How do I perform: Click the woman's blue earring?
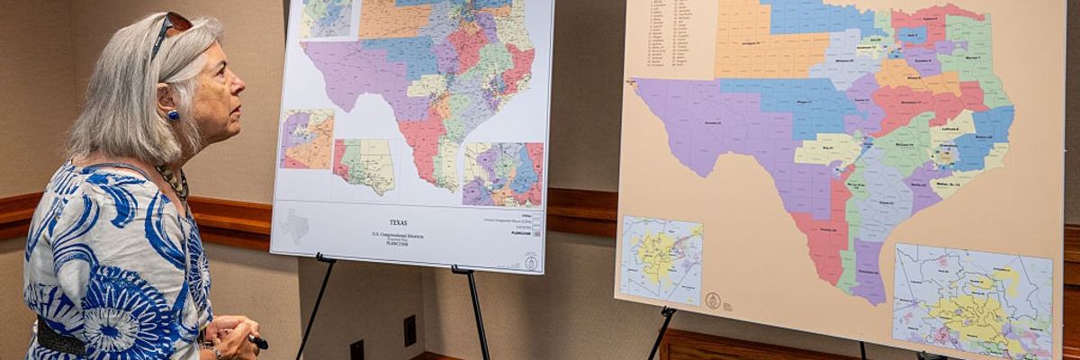click(172, 115)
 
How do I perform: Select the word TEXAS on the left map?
click(398, 222)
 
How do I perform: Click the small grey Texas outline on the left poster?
click(294, 225)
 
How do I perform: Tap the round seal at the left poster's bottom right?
click(531, 262)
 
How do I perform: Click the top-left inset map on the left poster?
click(326, 18)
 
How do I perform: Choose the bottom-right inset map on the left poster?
click(503, 175)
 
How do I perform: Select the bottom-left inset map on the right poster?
click(661, 260)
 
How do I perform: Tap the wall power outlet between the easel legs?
click(409, 330)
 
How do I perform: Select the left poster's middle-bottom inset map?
click(364, 166)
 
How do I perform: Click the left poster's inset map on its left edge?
click(306, 139)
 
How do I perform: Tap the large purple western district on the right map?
click(711, 117)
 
